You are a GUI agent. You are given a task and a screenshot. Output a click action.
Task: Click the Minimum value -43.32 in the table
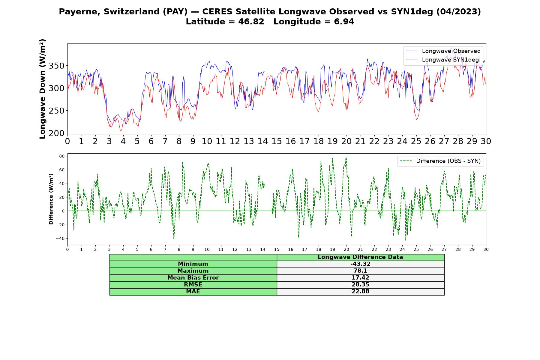360,264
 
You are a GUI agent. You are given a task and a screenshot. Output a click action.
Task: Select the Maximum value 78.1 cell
360,271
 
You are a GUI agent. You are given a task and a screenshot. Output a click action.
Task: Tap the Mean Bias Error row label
193,278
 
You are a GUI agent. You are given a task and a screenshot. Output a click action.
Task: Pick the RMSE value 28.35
360,285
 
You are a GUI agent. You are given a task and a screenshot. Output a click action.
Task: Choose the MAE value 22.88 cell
360,292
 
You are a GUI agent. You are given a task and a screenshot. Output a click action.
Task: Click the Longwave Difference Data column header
360,257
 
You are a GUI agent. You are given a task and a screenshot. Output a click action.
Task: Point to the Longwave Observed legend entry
443,51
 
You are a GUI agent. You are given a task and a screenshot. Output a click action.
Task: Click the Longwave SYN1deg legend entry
442,60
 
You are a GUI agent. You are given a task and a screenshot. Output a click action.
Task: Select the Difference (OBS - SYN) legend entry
440,161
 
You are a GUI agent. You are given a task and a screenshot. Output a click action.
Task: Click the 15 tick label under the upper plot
277,141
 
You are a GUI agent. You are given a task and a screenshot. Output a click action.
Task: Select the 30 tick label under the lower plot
486,249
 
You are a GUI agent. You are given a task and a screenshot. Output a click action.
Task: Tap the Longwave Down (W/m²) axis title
43,89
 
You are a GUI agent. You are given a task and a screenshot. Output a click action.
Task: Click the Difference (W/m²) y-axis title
51,199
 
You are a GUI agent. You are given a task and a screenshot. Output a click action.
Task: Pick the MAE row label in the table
193,292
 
